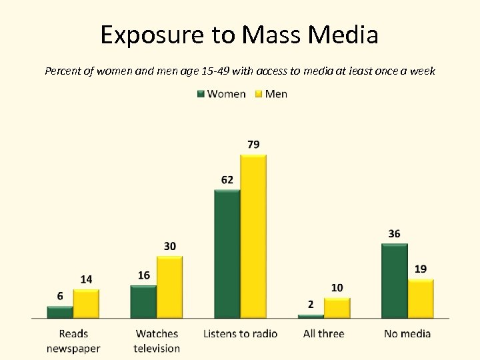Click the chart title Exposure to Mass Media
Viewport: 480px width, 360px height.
point(239,35)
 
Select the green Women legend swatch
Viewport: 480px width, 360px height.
point(201,94)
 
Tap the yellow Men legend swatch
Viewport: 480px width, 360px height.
point(259,94)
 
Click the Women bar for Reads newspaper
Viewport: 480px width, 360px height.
point(60,312)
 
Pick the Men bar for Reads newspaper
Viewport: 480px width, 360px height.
point(86,303)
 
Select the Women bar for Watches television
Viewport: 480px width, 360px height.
point(143,301)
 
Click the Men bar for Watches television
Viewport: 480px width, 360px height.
point(169,287)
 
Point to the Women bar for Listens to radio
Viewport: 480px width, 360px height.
point(227,254)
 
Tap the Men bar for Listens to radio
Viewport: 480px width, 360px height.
point(253,237)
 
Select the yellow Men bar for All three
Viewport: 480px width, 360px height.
point(337,307)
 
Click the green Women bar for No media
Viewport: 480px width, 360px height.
point(394,281)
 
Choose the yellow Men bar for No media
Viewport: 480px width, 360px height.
point(420,298)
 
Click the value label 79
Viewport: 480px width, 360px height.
point(253,145)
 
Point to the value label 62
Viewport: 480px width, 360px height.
point(227,179)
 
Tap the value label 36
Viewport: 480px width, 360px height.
point(394,234)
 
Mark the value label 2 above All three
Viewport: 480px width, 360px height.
point(311,305)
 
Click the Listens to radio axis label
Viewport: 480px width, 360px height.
point(240,333)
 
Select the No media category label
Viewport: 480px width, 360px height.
point(407,333)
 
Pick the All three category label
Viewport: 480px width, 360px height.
point(323,333)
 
